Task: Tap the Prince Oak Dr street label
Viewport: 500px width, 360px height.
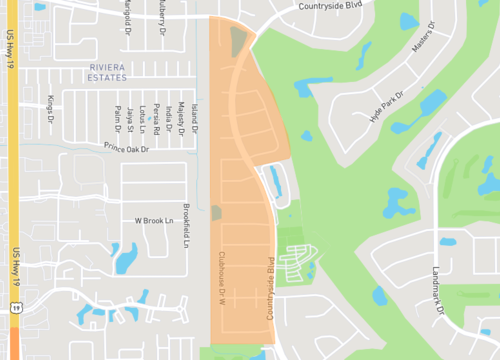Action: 125,149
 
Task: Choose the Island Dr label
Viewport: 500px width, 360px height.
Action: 195,118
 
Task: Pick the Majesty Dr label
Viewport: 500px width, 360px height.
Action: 181,117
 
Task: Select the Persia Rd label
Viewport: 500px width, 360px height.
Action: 156,116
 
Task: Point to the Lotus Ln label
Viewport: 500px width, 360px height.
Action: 143,117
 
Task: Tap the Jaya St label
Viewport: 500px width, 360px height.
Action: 130,118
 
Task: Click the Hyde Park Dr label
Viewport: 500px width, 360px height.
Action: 389,101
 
